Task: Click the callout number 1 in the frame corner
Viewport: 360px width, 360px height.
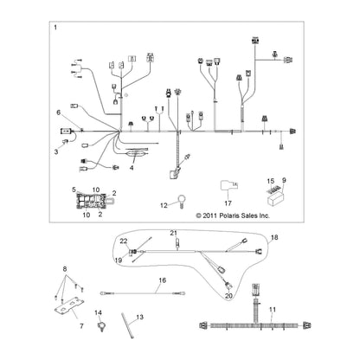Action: tap(55, 28)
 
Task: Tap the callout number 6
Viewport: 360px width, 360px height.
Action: tap(59, 112)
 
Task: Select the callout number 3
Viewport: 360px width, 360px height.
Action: tap(56, 151)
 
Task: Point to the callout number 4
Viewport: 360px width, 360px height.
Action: tap(132, 168)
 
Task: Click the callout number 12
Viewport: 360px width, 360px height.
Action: tap(163, 205)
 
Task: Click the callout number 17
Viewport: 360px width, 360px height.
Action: tap(228, 203)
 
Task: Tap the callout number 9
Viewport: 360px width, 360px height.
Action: tap(284, 181)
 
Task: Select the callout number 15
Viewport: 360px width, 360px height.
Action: tap(270, 181)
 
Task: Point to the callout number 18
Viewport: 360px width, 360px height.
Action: tap(274, 237)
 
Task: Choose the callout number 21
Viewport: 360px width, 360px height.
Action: tap(173, 233)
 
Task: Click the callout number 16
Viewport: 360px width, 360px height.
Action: tap(163, 280)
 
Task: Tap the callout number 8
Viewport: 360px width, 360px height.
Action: tap(65, 269)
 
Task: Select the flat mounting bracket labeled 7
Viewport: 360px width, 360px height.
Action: tap(69, 305)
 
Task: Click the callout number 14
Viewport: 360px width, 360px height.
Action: tap(98, 312)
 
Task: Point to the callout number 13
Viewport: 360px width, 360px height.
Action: tap(139, 318)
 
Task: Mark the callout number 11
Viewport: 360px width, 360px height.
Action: tap(273, 310)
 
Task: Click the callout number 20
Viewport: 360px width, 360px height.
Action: tap(228, 296)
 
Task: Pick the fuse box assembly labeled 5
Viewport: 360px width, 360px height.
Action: tap(91, 201)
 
